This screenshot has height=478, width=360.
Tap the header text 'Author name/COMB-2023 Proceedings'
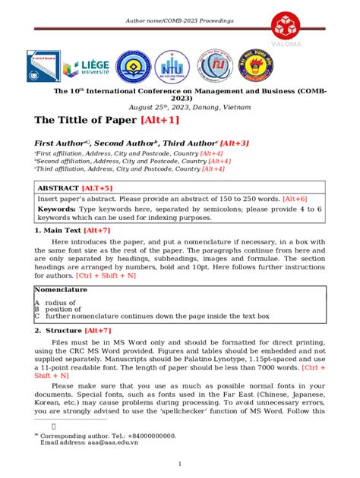click(179, 20)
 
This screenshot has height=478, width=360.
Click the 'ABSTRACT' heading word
click(62, 187)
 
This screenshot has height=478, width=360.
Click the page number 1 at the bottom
click(179, 464)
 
